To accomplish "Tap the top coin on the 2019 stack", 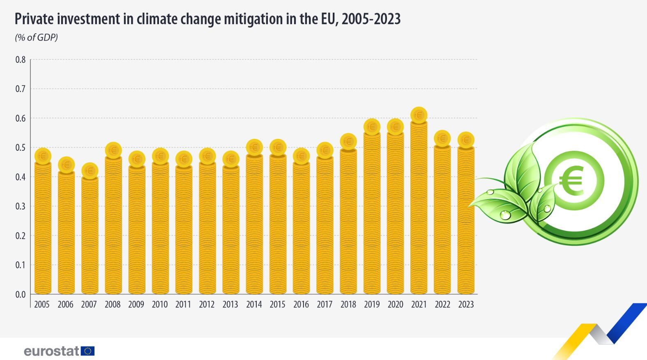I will click(372, 127).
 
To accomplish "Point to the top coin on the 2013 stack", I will click(230, 159).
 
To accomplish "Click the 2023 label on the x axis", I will click(466, 305).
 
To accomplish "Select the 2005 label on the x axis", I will click(42, 305).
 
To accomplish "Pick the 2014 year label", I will click(254, 305).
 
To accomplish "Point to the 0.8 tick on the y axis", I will click(21, 60).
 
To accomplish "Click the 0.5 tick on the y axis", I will click(21, 148).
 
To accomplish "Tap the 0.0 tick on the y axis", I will click(21, 294).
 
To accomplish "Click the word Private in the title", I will click(33, 19).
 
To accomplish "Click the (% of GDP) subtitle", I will click(36, 37).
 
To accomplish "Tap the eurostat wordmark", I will click(52, 351).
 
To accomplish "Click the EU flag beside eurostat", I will click(88, 351).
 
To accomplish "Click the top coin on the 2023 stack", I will click(466, 140).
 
